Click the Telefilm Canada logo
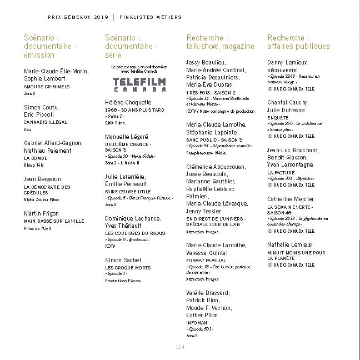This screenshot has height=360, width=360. point(132,84)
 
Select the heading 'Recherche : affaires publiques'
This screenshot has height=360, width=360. point(298,42)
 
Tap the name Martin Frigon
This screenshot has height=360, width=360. point(42,213)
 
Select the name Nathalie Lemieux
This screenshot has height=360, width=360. point(290,244)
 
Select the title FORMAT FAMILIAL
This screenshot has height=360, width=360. point(206,260)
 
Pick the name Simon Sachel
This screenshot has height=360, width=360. point(123,260)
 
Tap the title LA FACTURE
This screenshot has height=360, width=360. point(281,173)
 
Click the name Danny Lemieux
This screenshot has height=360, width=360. point(287,63)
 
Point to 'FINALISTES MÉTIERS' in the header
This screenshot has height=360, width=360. point(151,17)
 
